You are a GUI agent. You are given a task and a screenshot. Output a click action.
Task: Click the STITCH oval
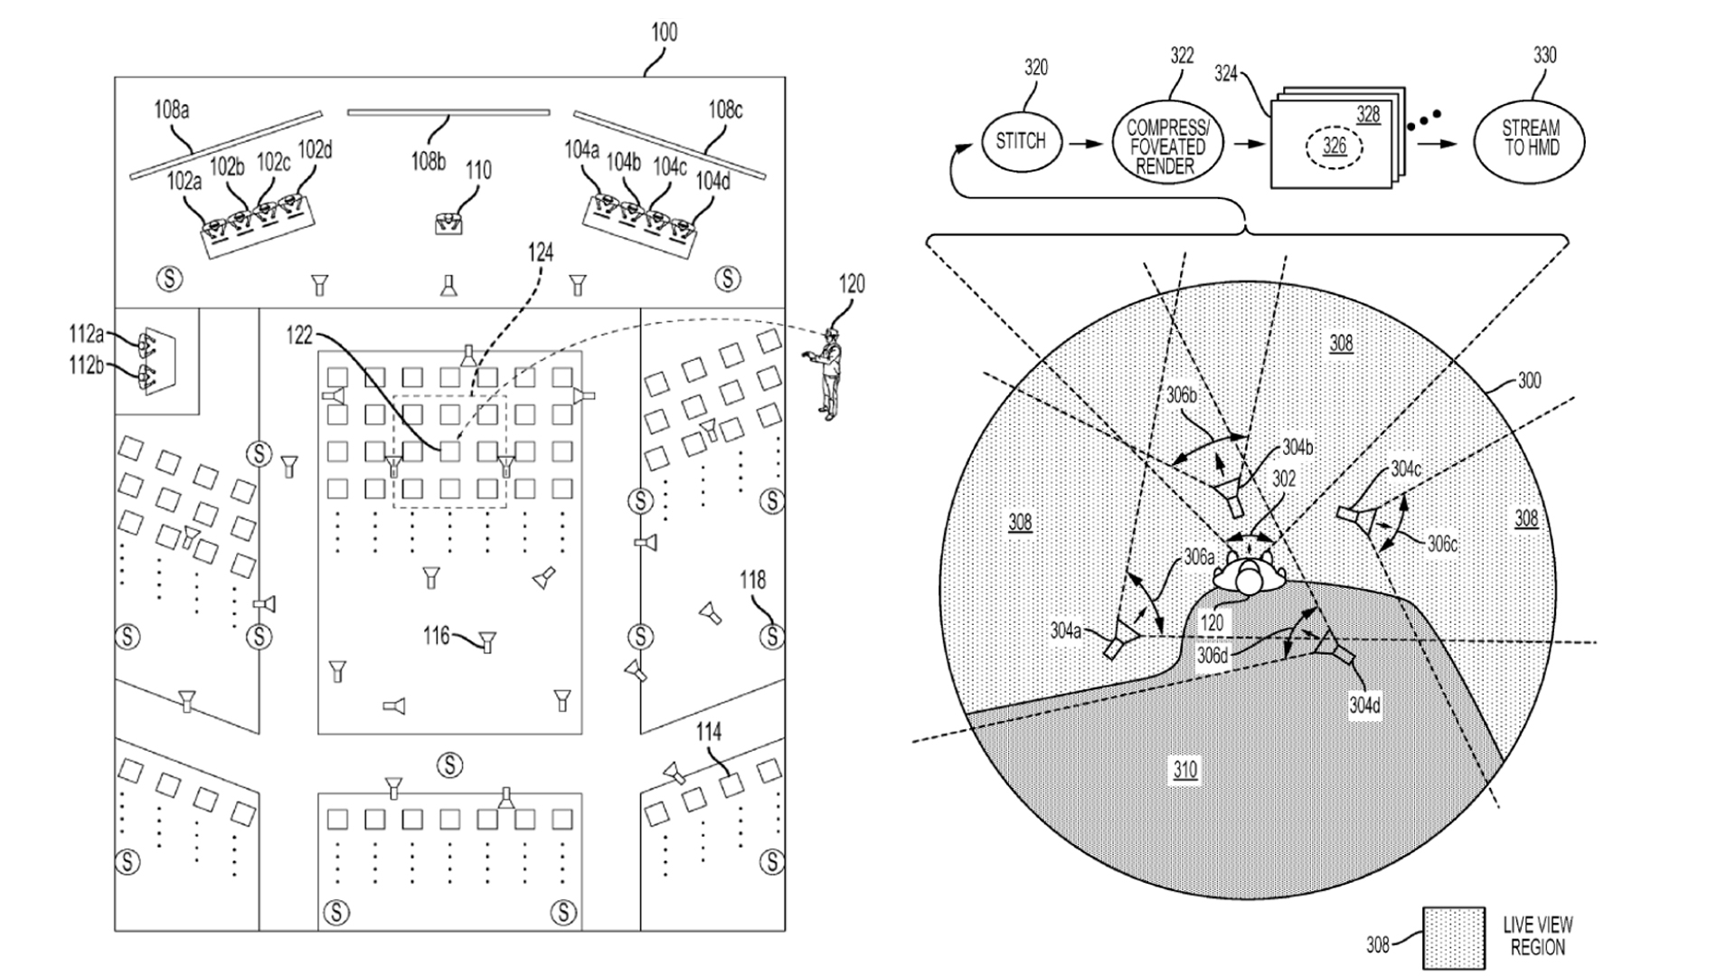(1021, 141)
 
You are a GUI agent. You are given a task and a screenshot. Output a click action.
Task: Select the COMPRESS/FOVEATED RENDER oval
(1166, 146)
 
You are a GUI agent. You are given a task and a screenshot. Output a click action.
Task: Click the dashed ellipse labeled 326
(1335, 147)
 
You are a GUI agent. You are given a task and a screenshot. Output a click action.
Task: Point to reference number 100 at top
(665, 33)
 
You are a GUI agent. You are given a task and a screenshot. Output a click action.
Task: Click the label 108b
(429, 162)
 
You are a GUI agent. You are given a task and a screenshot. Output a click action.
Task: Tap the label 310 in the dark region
(1185, 770)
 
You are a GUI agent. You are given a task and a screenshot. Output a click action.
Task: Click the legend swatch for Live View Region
(1454, 937)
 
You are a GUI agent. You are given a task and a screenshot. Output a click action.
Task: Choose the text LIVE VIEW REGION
(1537, 936)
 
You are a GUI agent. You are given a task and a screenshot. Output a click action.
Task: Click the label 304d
(1364, 706)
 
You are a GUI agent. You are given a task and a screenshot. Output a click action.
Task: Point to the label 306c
(1442, 545)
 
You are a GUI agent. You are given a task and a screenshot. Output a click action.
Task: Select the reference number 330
(1545, 56)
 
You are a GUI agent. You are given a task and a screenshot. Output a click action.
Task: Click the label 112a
(87, 336)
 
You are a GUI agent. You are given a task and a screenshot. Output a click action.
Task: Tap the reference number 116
(437, 636)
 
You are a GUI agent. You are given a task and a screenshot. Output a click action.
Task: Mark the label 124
(541, 252)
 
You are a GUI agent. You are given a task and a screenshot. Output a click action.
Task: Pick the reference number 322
(1182, 56)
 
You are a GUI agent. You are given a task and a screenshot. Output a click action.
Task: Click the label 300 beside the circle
(1529, 382)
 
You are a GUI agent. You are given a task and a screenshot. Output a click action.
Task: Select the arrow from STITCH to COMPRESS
(1087, 143)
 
